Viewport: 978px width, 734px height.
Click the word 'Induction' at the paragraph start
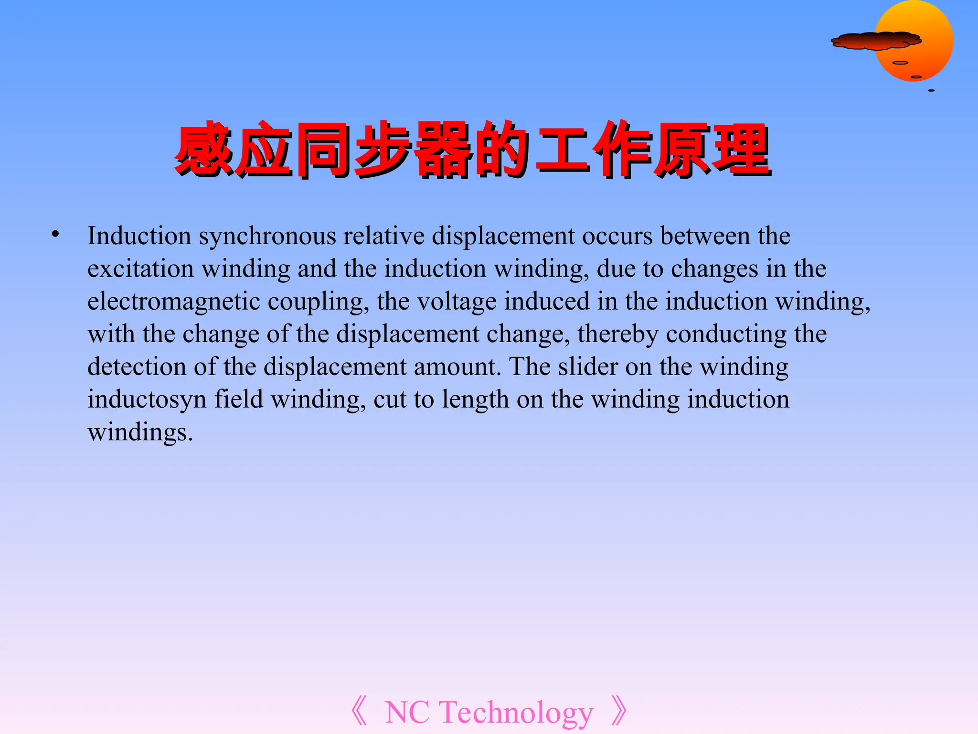click(139, 236)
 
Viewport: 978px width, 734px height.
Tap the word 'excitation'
click(140, 269)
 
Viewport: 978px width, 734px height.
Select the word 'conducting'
click(726, 335)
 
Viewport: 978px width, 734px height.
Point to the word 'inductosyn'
click(147, 400)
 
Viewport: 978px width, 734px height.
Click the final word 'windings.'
click(140, 432)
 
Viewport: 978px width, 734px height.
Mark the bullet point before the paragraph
click(56, 234)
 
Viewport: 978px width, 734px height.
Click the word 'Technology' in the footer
click(516, 712)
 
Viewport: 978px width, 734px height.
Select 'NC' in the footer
click(407, 712)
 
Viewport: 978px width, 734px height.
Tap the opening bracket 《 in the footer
click(359, 712)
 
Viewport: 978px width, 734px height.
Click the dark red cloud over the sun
click(876, 41)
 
